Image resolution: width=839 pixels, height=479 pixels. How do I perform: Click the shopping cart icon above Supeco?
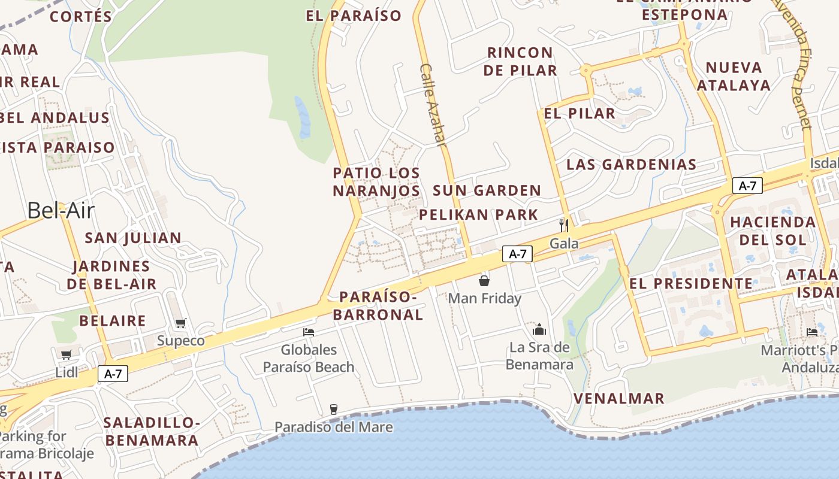coord(180,323)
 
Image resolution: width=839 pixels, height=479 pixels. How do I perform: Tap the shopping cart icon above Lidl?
coord(66,354)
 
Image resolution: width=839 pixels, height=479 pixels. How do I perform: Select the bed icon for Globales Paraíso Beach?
coord(309,332)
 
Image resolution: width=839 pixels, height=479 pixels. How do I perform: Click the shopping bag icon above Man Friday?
coord(484,280)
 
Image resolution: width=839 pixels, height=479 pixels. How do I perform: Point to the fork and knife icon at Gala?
coord(563,225)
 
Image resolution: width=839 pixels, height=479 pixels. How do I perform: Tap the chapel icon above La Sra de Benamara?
coord(539,329)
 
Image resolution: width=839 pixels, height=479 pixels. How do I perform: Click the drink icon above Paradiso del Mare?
coord(334,410)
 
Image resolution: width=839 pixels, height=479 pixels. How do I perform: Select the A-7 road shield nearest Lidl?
coord(113,374)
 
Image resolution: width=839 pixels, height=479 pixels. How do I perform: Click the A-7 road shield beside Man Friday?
coord(517,254)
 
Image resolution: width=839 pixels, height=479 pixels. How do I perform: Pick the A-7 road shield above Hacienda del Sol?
coord(747,186)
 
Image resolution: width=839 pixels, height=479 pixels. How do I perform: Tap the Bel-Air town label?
coord(61,210)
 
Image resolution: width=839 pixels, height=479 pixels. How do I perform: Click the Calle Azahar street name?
coord(433,105)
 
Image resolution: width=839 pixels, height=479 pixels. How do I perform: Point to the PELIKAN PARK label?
coord(478,214)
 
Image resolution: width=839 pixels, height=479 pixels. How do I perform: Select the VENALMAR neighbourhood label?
coord(619,398)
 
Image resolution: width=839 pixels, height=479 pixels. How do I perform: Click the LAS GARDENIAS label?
coord(631,164)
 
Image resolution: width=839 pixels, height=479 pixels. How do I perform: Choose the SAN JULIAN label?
coord(133,238)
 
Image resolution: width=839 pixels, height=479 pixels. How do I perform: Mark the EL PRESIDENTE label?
coord(691,283)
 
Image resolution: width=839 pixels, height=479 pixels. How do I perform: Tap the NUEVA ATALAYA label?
coord(734,76)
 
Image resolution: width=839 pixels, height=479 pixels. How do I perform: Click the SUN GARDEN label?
coord(487,190)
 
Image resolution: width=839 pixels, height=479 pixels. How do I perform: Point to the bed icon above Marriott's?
coord(812,332)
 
